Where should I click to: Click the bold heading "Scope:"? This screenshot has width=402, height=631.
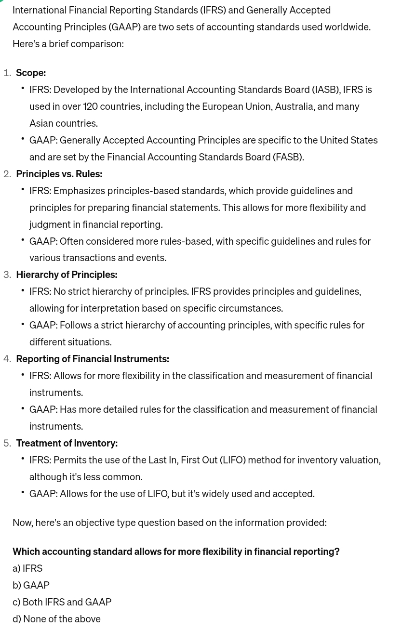point(31,73)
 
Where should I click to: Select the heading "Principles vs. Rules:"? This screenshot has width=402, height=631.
point(59,174)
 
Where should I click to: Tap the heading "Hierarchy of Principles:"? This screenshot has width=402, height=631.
point(67,275)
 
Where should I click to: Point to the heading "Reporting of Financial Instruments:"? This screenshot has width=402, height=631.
point(92,359)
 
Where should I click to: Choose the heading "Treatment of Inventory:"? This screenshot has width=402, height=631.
point(67,443)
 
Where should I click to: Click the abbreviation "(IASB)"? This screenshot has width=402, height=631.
point(326,90)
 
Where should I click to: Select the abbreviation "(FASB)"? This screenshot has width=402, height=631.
point(288,157)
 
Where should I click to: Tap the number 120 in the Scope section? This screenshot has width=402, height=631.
point(90,106)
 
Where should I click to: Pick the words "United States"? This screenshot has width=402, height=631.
point(348,140)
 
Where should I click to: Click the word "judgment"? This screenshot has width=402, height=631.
point(50,224)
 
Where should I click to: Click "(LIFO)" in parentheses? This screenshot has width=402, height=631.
point(233,460)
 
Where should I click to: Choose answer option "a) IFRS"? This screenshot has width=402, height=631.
point(27,568)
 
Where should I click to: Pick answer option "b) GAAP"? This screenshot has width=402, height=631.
point(31,585)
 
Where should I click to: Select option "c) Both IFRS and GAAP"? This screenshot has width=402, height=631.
point(62,602)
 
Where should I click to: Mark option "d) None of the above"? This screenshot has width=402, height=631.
point(56,619)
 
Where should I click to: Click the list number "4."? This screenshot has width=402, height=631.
point(7,359)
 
